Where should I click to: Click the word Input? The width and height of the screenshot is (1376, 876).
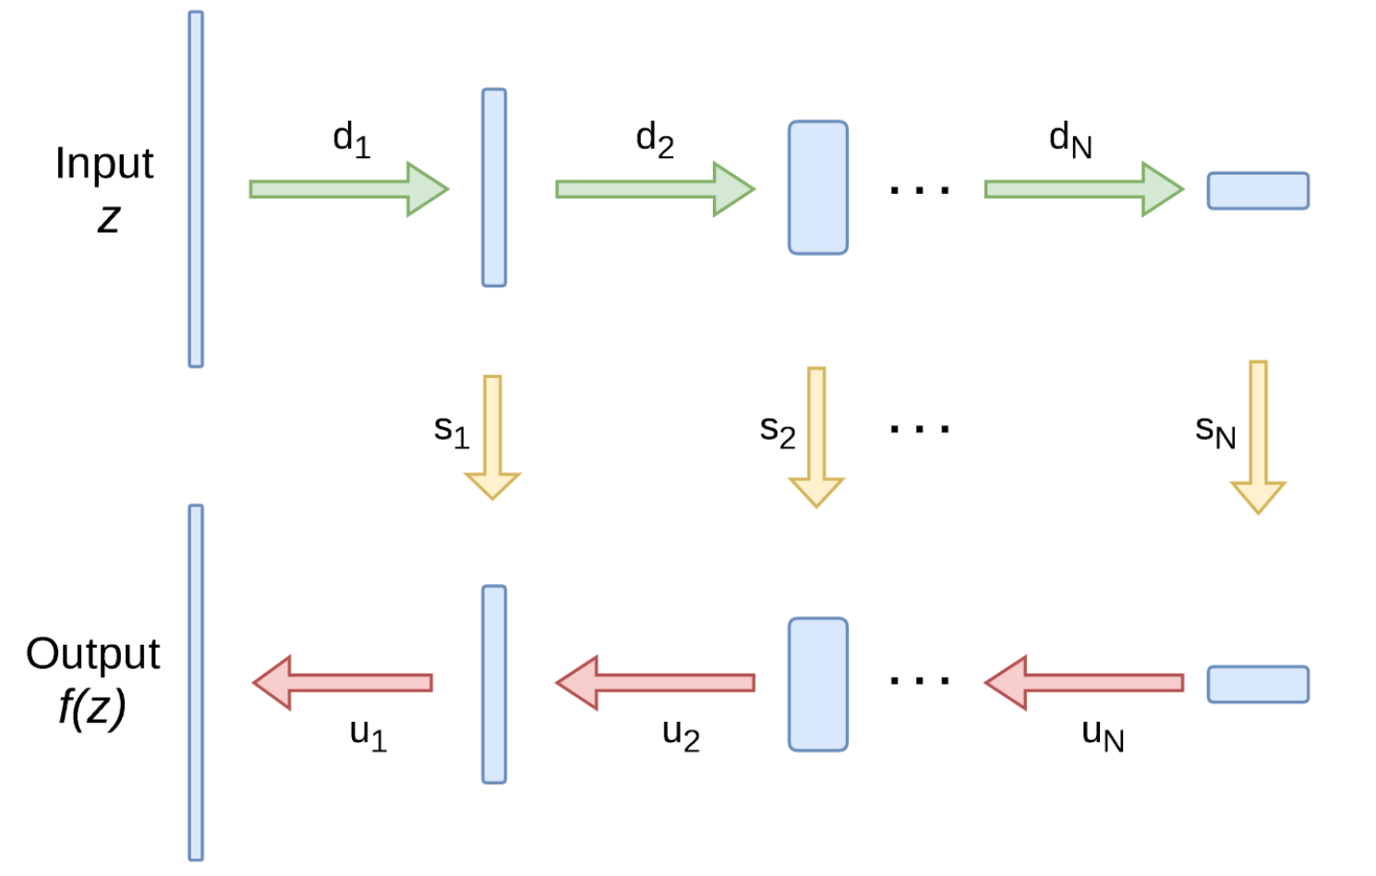click(104, 164)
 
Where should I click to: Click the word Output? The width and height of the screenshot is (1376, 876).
click(93, 654)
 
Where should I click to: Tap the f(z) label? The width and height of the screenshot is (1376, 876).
click(91, 708)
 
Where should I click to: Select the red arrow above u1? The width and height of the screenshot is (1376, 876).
click(343, 683)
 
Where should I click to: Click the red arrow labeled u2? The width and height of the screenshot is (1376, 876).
click(655, 683)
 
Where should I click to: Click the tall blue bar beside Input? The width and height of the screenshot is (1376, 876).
click(196, 189)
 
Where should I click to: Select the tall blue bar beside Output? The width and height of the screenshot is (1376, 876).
click(196, 683)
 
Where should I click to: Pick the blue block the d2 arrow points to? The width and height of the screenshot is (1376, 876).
click(817, 188)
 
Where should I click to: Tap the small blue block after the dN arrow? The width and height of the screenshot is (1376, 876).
click(1258, 190)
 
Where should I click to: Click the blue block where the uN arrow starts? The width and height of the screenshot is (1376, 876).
click(1258, 685)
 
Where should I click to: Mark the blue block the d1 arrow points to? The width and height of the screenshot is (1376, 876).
click(494, 188)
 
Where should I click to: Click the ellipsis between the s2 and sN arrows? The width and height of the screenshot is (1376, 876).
click(919, 429)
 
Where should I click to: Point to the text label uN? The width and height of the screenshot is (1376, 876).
click(1103, 735)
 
